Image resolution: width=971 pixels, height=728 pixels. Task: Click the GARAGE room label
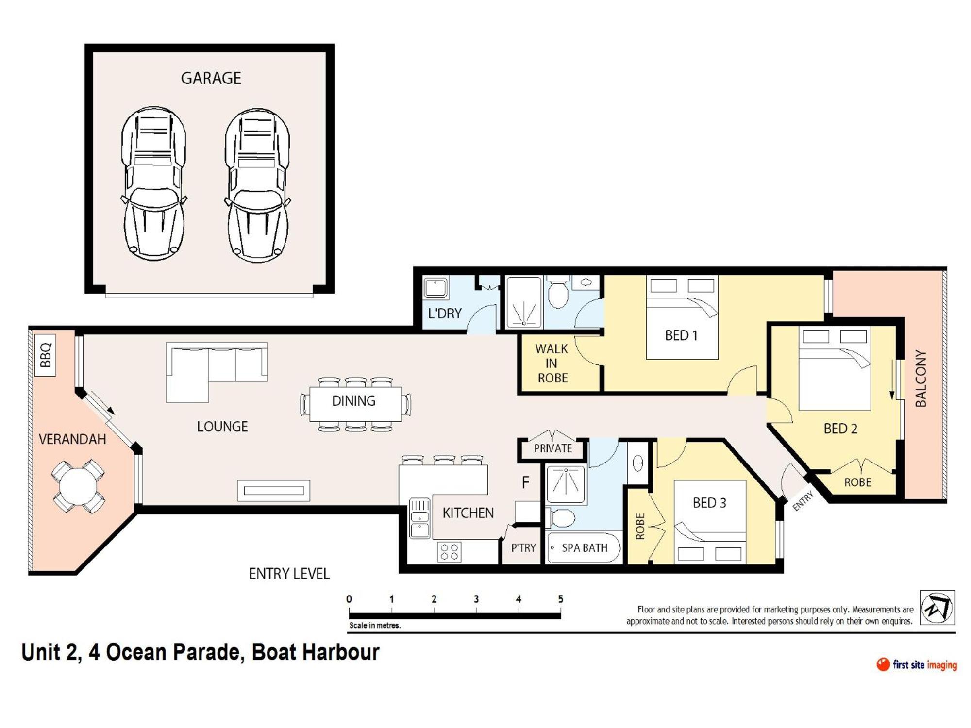tap(211, 78)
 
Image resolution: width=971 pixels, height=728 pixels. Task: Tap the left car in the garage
tap(153, 183)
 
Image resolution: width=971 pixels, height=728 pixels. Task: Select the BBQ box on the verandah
tap(45, 355)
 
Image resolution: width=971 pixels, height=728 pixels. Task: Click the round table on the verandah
tap(78, 486)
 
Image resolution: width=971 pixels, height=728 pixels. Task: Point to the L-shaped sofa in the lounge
tap(216, 372)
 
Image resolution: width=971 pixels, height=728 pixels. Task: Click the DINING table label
tap(353, 401)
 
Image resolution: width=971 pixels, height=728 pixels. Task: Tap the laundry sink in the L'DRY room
tap(435, 287)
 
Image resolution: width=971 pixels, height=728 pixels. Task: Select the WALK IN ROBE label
tap(552, 364)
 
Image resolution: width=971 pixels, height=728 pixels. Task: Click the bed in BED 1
tap(682, 317)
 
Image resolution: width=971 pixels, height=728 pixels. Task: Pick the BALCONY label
tap(921, 379)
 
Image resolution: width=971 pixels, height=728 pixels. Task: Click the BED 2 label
tap(840, 429)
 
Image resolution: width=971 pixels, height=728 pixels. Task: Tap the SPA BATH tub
tap(584, 548)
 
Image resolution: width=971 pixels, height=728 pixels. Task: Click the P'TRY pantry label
tap(523, 548)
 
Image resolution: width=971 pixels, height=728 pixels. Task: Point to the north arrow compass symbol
tap(938, 608)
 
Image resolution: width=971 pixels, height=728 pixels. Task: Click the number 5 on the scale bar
tap(561, 599)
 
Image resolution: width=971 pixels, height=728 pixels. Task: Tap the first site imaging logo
tap(917, 665)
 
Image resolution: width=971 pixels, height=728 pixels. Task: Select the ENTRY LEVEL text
tap(289, 574)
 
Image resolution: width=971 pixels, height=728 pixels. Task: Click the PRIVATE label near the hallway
tap(553, 448)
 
